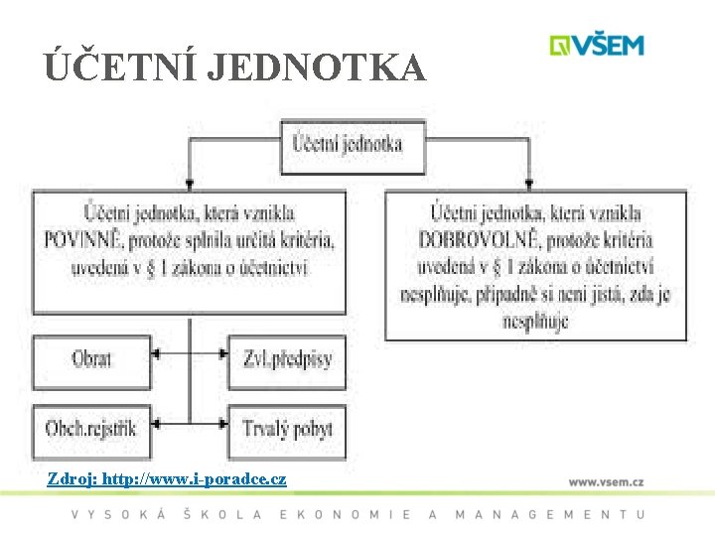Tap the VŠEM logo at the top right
pos(598,46)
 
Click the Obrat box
pos(91,358)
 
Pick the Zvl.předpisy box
pos(287,358)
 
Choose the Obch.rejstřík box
pos(91,429)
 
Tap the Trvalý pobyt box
pos(287,429)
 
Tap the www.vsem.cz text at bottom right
pos(606,481)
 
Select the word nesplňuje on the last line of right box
pos(535,322)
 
